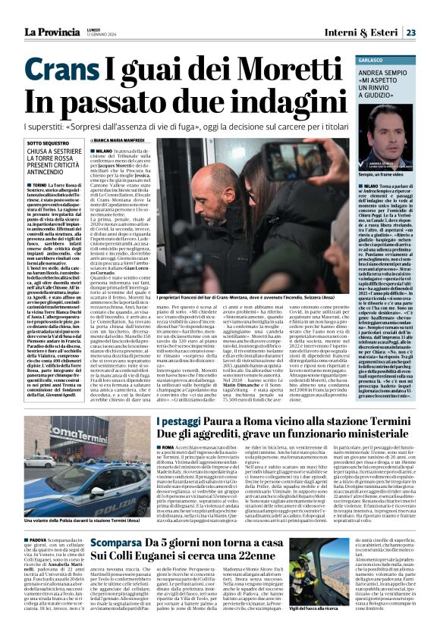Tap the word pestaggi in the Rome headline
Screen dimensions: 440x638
180,422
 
